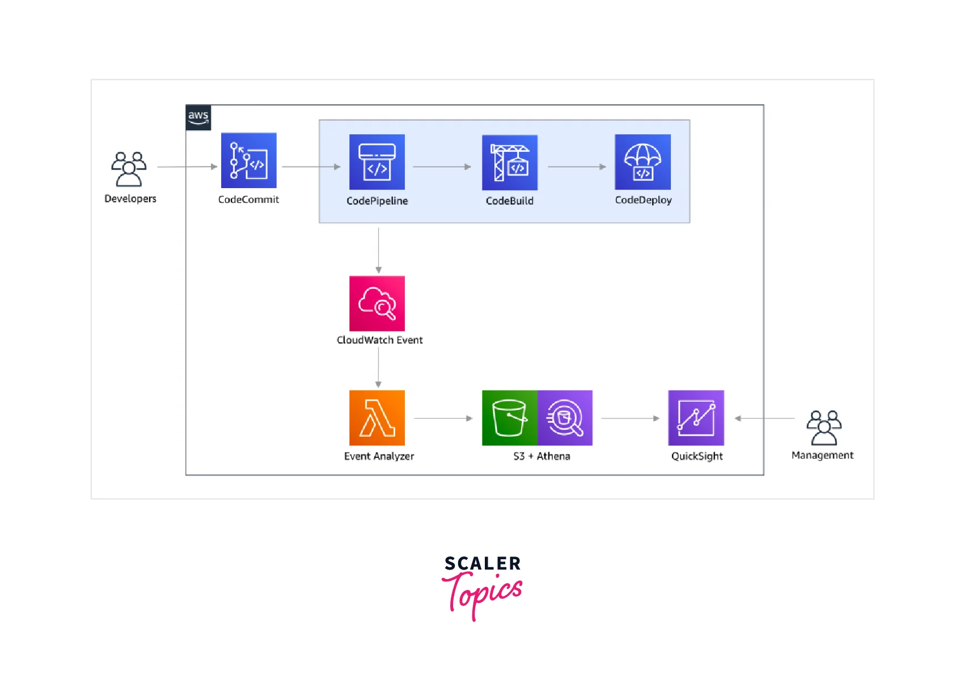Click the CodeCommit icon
pos(248,160)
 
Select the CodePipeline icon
pos(377,162)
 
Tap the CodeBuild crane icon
pos(509,162)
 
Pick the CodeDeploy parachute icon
pos(642,162)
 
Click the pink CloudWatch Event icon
pos(377,303)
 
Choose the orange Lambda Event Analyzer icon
pos(377,418)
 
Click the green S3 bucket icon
pos(509,418)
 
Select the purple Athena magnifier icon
pos(565,418)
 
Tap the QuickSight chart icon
pos(696,418)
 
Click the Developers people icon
pos(129,169)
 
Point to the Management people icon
pos(824,427)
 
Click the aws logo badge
pos(198,117)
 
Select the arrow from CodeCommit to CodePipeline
pos(311,167)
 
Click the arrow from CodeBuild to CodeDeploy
pos(576,167)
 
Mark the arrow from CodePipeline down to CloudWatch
pos(378,249)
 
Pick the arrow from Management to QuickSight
pos(764,418)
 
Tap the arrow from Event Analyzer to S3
pos(443,418)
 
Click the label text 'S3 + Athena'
pos(542,456)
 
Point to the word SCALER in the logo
pos(483,563)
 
